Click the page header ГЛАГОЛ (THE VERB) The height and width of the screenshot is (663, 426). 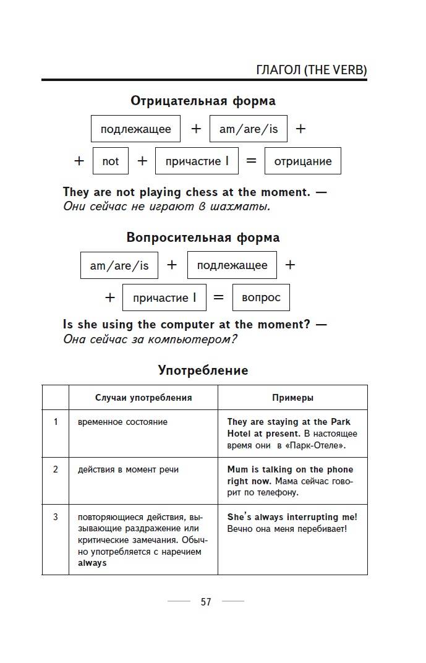click(311, 70)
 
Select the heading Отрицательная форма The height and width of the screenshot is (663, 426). click(203, 101)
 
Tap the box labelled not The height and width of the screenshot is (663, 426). click(111, 161)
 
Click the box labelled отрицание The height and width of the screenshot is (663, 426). click(302, 161)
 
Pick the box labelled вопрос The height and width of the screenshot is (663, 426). click(261, 297)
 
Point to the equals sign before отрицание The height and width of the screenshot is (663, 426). click(251, 161)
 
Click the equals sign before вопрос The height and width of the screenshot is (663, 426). click(218, 297)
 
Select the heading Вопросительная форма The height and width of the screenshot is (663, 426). click(203, 237)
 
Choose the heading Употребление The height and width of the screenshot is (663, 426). click(203, 370)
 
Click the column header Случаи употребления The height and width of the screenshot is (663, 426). click(143, 398)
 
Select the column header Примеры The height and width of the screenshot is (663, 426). click(292, 398)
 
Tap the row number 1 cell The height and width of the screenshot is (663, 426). click(56, 422)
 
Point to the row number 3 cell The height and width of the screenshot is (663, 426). click(56, 516)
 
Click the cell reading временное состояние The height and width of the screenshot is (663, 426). click(123, 422)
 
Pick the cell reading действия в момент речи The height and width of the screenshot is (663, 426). click(129, 469)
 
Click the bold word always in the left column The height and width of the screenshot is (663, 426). click(92, 563)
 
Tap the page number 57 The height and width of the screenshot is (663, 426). click(206, 602)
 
